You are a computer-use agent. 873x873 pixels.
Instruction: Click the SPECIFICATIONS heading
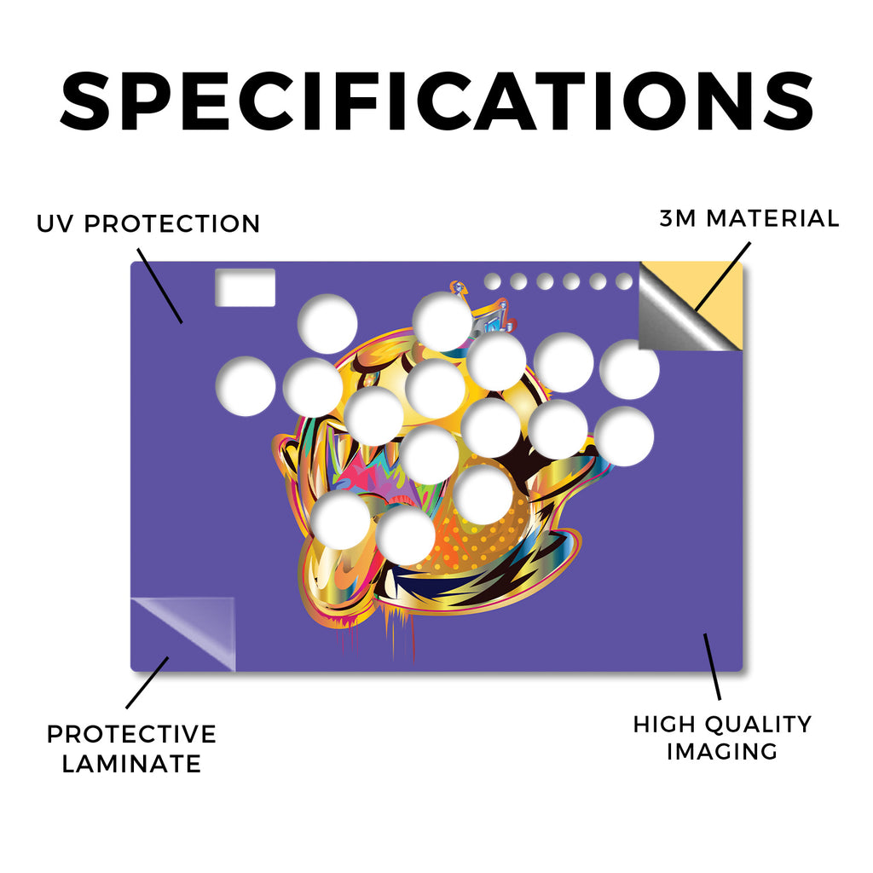click(436, 101)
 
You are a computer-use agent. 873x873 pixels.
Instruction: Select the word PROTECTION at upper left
click(172, 224)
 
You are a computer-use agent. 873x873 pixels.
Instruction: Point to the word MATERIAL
click(772, 218)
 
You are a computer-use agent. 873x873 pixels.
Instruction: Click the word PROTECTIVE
click(131, 734)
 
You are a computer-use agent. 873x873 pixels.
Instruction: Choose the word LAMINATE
click(131, 763)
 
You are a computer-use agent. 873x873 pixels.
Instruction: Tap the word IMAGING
click(721, 752)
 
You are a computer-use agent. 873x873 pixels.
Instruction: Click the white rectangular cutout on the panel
click(245, 287)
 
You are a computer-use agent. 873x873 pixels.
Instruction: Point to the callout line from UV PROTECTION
click(159, 286)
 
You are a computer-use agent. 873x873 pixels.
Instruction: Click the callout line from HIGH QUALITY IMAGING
click(712, 667)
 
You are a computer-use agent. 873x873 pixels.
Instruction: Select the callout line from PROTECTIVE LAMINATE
click(147, 683)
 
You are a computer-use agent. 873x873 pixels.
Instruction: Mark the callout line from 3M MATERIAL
click(722, 276)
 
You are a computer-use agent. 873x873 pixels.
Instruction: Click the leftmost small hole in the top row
click(492, 281)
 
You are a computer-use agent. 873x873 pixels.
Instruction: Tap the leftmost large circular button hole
click(246, 386)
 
